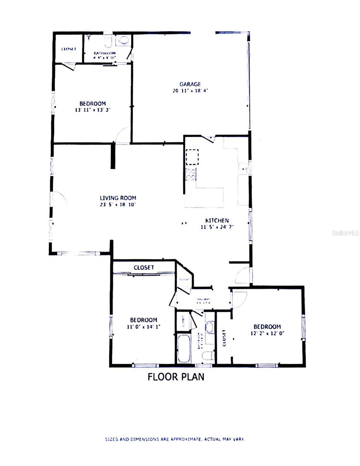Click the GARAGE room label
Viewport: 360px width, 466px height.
(190, 84)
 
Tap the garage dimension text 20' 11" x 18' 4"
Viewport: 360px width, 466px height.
(190, 91)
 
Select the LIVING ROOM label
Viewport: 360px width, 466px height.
(118, 198)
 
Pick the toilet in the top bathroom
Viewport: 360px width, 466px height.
(108, 40)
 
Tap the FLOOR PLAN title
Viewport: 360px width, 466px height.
(176, 377)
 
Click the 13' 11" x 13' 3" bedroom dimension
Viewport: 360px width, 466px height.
(93, 110)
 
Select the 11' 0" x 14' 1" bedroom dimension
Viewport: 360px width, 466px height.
(143, 327)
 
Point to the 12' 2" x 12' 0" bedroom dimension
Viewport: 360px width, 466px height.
(267, 333)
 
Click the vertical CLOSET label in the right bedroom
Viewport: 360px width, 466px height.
(224, 337)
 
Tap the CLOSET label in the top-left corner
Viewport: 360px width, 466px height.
(69, 49)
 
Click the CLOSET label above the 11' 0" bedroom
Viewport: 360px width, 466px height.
(144, 268)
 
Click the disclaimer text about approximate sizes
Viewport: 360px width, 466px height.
(175, 439)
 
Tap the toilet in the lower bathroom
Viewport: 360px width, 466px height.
(208, 355)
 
